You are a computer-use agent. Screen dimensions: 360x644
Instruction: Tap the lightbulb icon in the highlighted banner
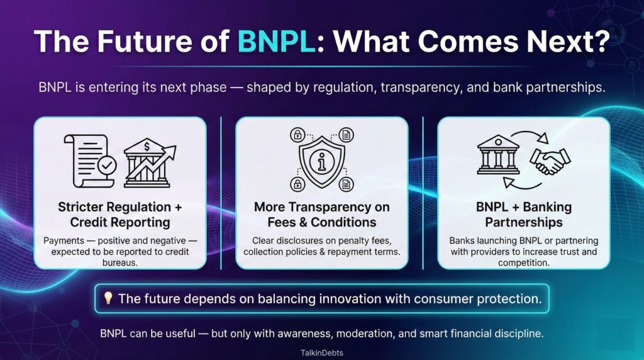click(x=108, y=298)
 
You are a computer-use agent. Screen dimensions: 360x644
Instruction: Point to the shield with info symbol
click(x=321, y=159)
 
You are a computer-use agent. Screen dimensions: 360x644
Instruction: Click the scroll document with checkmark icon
click(x=90, y=161)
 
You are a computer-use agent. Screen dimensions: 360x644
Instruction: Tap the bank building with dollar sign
click(x=149, y=162)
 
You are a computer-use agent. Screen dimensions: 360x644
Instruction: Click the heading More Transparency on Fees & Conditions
click(x=321, y=215)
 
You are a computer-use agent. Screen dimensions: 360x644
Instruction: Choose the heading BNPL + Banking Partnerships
click(x=523, y=215)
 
